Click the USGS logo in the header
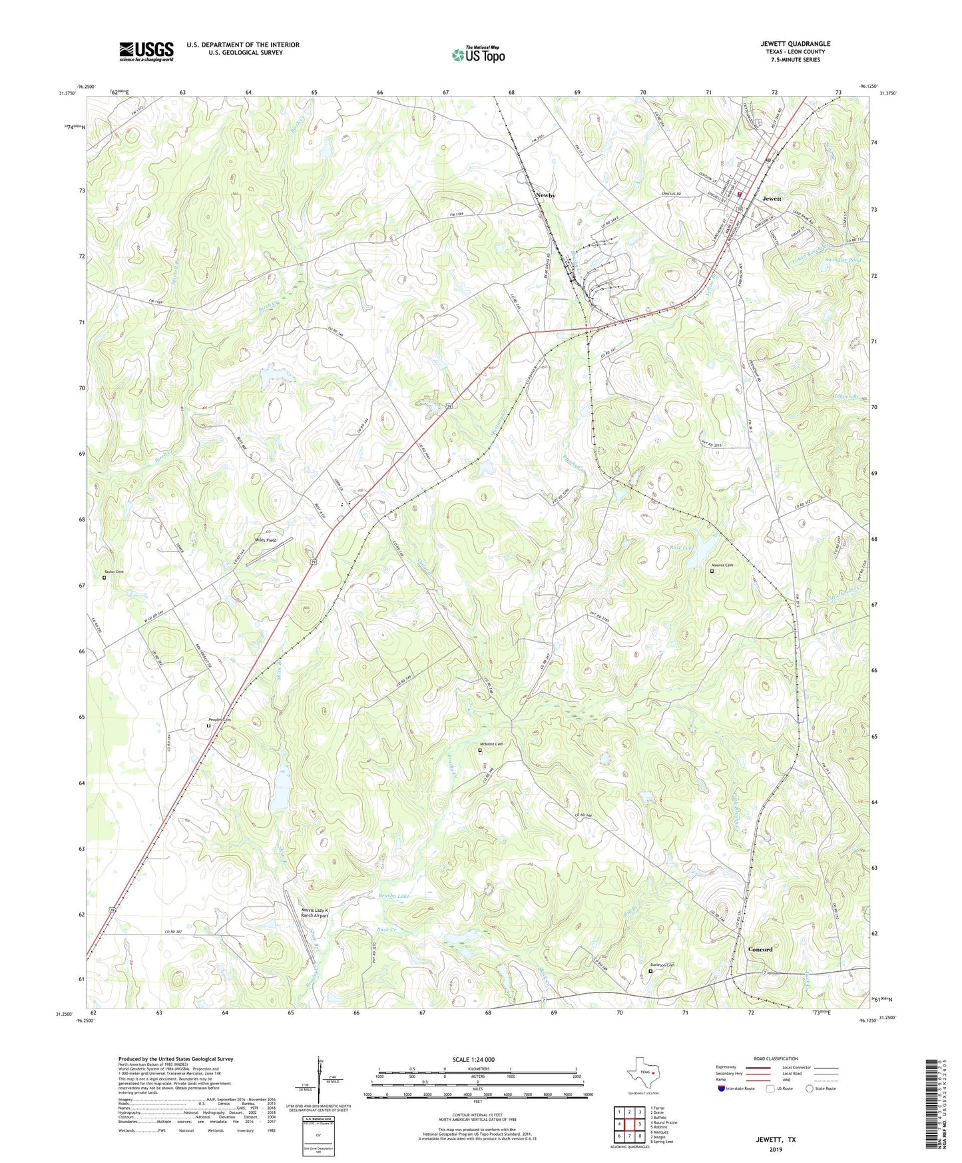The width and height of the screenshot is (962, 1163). click(146, 51)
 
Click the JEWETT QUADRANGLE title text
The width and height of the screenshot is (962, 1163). click(795, 44)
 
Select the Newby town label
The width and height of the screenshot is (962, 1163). click(545, 195)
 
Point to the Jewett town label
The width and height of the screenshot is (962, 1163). click(772, 198)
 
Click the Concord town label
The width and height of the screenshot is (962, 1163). click(760, 949)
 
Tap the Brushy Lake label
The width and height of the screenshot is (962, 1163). click(394, 897)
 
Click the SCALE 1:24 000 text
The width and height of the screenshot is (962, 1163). click(473, 1060)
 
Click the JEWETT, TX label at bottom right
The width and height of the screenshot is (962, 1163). click(775, 1140)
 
